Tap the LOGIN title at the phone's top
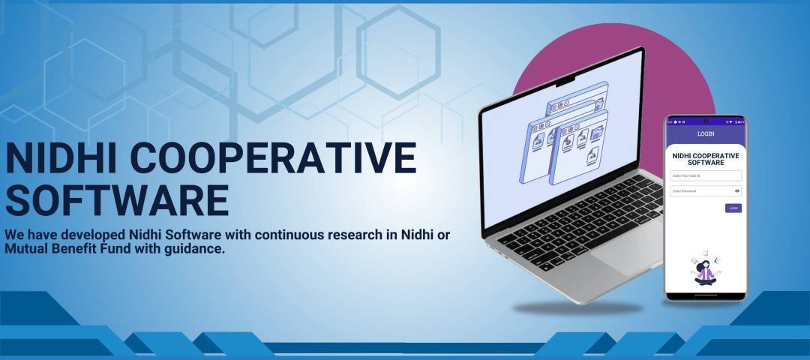coord(706,134)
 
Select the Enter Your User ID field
coord(706,175)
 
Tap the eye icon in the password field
coord(737,191)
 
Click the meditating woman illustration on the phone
coord(705,270)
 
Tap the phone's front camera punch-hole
coord(706,121)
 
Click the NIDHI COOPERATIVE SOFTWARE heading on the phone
coord(706,159)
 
